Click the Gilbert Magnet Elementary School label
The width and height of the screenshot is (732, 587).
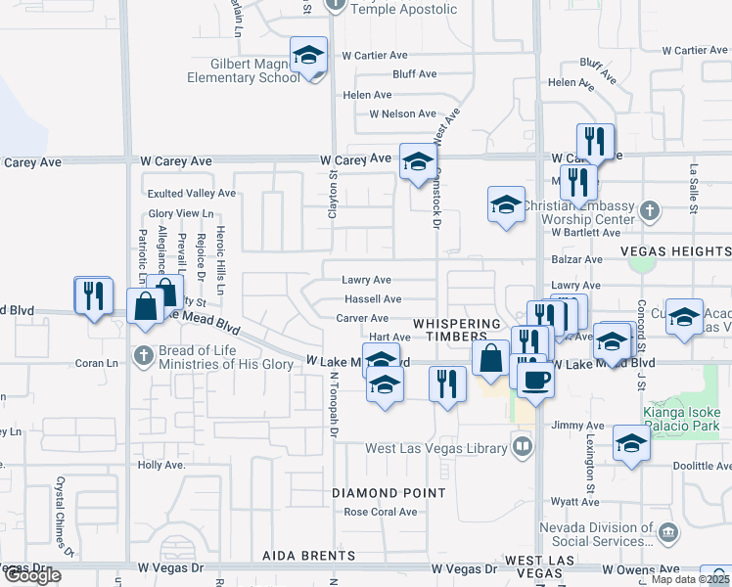point(242,71)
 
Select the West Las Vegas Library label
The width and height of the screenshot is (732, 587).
point(437,448)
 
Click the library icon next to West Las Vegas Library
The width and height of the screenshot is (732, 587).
point(524,448)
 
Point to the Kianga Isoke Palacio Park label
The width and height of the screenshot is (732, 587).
point(681,419)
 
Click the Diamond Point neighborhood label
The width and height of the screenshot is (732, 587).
point(389,493)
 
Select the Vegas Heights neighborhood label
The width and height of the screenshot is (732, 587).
point(675,251)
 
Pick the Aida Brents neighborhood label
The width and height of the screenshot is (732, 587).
point(299,556)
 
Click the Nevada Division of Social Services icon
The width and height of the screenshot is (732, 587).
point(668,531)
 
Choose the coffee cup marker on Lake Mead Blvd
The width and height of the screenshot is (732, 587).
point(535,379)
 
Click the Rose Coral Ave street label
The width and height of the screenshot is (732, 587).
point(381,512)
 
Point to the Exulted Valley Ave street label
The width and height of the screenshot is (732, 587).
point(192,194)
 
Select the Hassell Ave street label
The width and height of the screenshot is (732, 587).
point(372,299)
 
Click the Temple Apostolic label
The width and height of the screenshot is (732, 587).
point(403,9)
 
